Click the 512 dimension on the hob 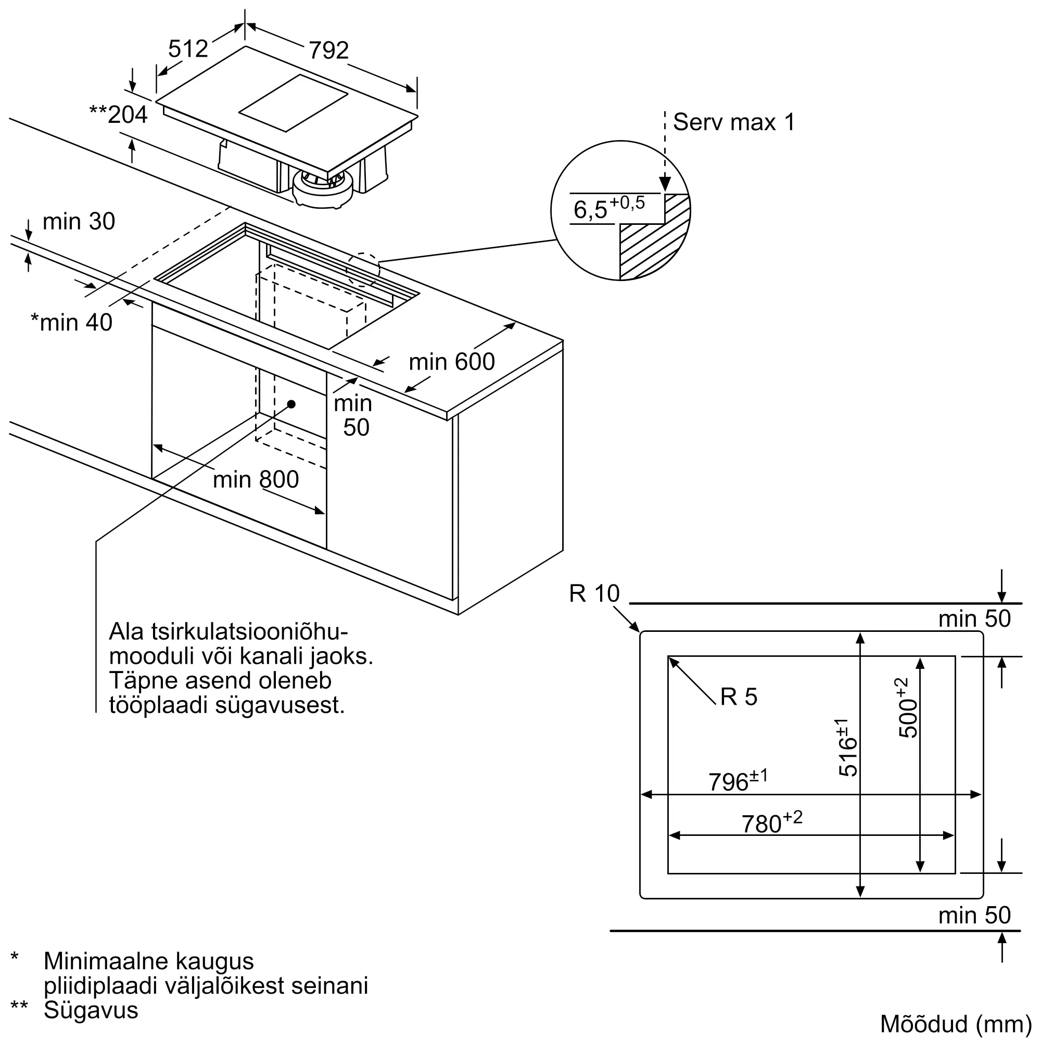point(187,49)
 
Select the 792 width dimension point(328,50)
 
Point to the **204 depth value point(119,115)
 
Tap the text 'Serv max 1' point(733,122)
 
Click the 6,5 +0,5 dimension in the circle point(608,208)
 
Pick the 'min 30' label point(79,221)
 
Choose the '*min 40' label point(72,322)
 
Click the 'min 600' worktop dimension point(451,362)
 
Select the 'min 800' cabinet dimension point(256,479)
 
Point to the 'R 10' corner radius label point(594,594)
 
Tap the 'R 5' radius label point(739,697)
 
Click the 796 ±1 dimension point(737,781)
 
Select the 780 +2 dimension point(771,822)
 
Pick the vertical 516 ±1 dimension point(847,747)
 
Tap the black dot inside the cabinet point(291,403)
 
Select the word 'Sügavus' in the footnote point(91,1010)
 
